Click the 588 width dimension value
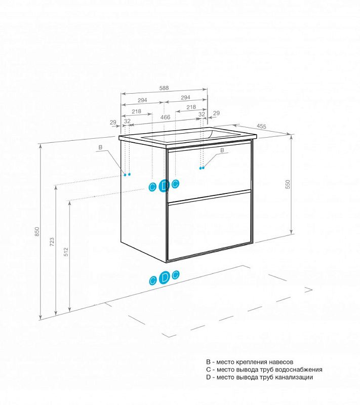coord(164,88)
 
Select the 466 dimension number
coord(165,117)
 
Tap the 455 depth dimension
coord(261,126)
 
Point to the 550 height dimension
coord(288,184)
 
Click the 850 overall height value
coord(37,231)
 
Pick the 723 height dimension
coord(52,242)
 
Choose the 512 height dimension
coord(66,252)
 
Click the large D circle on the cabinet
coord(164,185)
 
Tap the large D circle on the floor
coord(164,277)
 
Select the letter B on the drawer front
coord(222,150)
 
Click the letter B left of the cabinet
coord(100,147)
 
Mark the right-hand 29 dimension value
coord(216,113)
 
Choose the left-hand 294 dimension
coord(142,100)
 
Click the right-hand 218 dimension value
coord(191,107)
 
